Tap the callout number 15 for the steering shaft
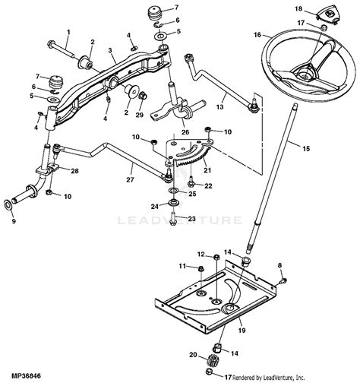pos(306,148)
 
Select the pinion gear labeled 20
pos(210,360)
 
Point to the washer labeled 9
pos(8,204)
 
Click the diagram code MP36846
pos(26,375)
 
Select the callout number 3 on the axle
pos(110,50)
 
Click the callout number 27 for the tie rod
pos(131,179)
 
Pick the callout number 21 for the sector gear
pos(207,170)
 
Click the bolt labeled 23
pos(173,219)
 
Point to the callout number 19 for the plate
pos(242,330)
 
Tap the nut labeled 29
pos(143,96)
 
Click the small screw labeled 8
pos(284,280)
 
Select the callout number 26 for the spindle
pos(185,132)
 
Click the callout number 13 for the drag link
pos(219,107)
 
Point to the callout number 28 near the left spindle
pos(74,171)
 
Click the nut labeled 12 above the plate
pos(216,258)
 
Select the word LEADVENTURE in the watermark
pos(180,220)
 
